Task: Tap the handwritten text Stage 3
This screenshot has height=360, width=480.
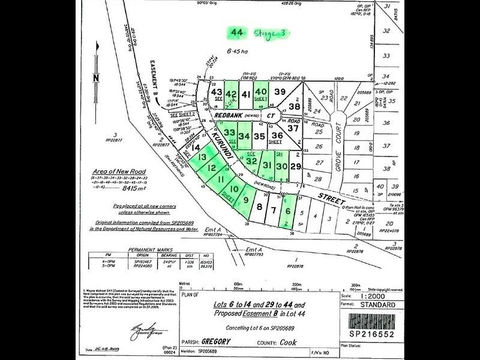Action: tap(271, 33)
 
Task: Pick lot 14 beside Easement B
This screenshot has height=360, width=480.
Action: tap(195, 146)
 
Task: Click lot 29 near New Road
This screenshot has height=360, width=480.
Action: tap(295, 166)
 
